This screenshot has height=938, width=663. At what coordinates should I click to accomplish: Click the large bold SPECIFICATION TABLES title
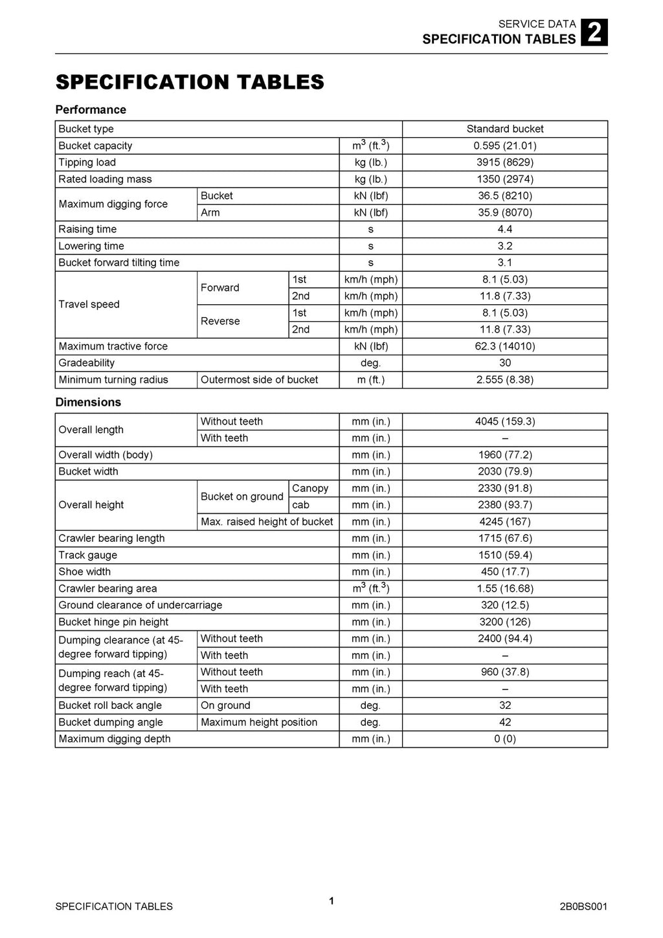[190, 82]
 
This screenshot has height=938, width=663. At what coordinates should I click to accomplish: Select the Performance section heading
[91, 110]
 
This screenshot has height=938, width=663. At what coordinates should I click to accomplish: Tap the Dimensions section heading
[88, 402]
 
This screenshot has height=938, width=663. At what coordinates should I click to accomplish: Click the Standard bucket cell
[505, 129]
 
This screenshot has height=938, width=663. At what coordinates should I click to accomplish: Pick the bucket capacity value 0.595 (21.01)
[505, 146]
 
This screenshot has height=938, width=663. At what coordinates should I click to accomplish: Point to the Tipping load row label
[87, 162]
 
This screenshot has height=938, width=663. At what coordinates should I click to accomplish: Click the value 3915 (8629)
[505, 162]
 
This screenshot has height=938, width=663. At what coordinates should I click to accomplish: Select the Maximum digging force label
[113, 204]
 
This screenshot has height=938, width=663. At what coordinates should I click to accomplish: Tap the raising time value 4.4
[505, 229]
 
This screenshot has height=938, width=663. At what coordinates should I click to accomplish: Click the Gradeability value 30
[505, 363]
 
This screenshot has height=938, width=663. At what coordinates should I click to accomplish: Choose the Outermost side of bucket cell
[260, 380]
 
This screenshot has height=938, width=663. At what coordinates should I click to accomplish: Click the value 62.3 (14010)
[505, 346]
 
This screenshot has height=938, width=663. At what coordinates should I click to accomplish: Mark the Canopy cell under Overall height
[310, 488]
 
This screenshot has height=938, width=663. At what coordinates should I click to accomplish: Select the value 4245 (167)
[505, 522]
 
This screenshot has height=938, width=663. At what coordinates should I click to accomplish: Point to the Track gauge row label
[88, 555]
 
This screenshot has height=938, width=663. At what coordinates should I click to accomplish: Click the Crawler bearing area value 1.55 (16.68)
[505, 588]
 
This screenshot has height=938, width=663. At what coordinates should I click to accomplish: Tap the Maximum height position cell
[259, 722]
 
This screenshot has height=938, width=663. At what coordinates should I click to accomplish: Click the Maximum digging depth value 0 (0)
[505, 739]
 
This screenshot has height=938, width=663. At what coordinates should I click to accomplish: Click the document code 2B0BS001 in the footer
[583, 906]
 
